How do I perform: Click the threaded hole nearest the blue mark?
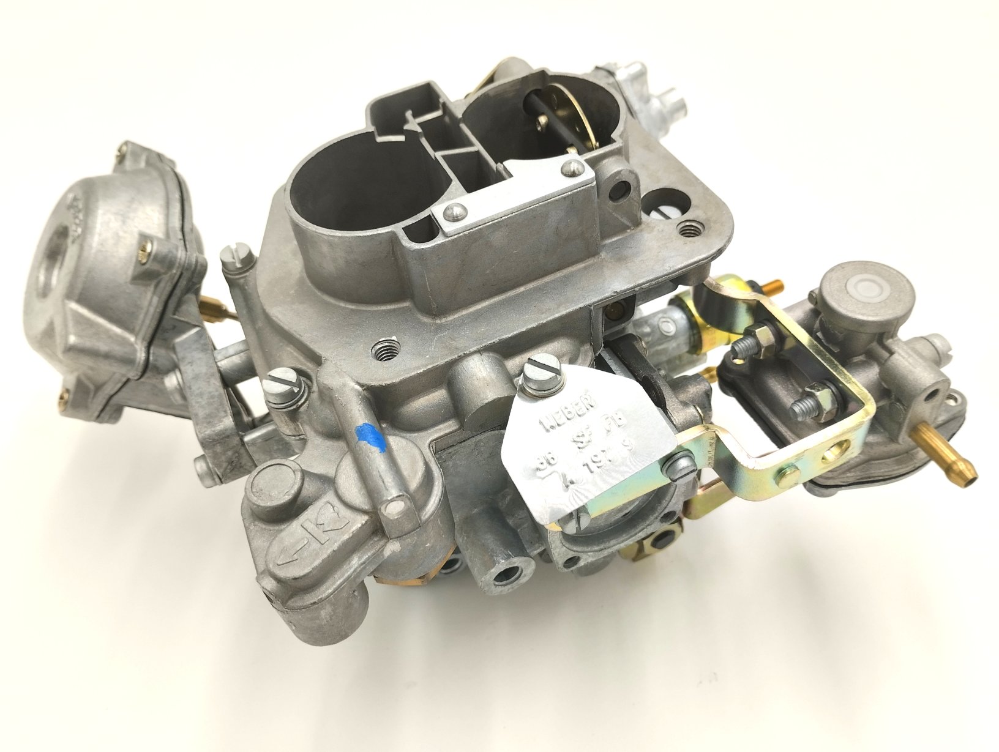(384, 352)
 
